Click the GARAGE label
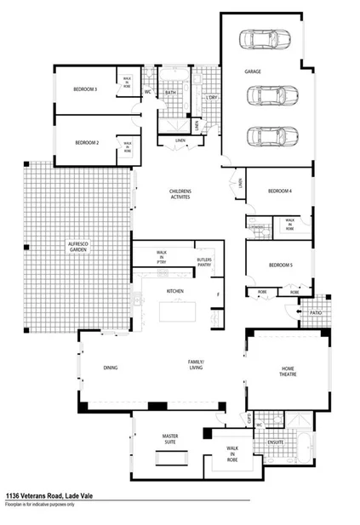click(253, 71)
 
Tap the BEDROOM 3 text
click(84, 89)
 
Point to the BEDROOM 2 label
click(88, 142)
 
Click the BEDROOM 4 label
click(280, 191)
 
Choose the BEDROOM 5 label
click(280, 265)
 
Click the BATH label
click(170, 92)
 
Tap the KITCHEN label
click(175, 291)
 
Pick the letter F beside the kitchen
click(218, 294)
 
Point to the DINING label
click(111, 368)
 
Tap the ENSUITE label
click(275, 442)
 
